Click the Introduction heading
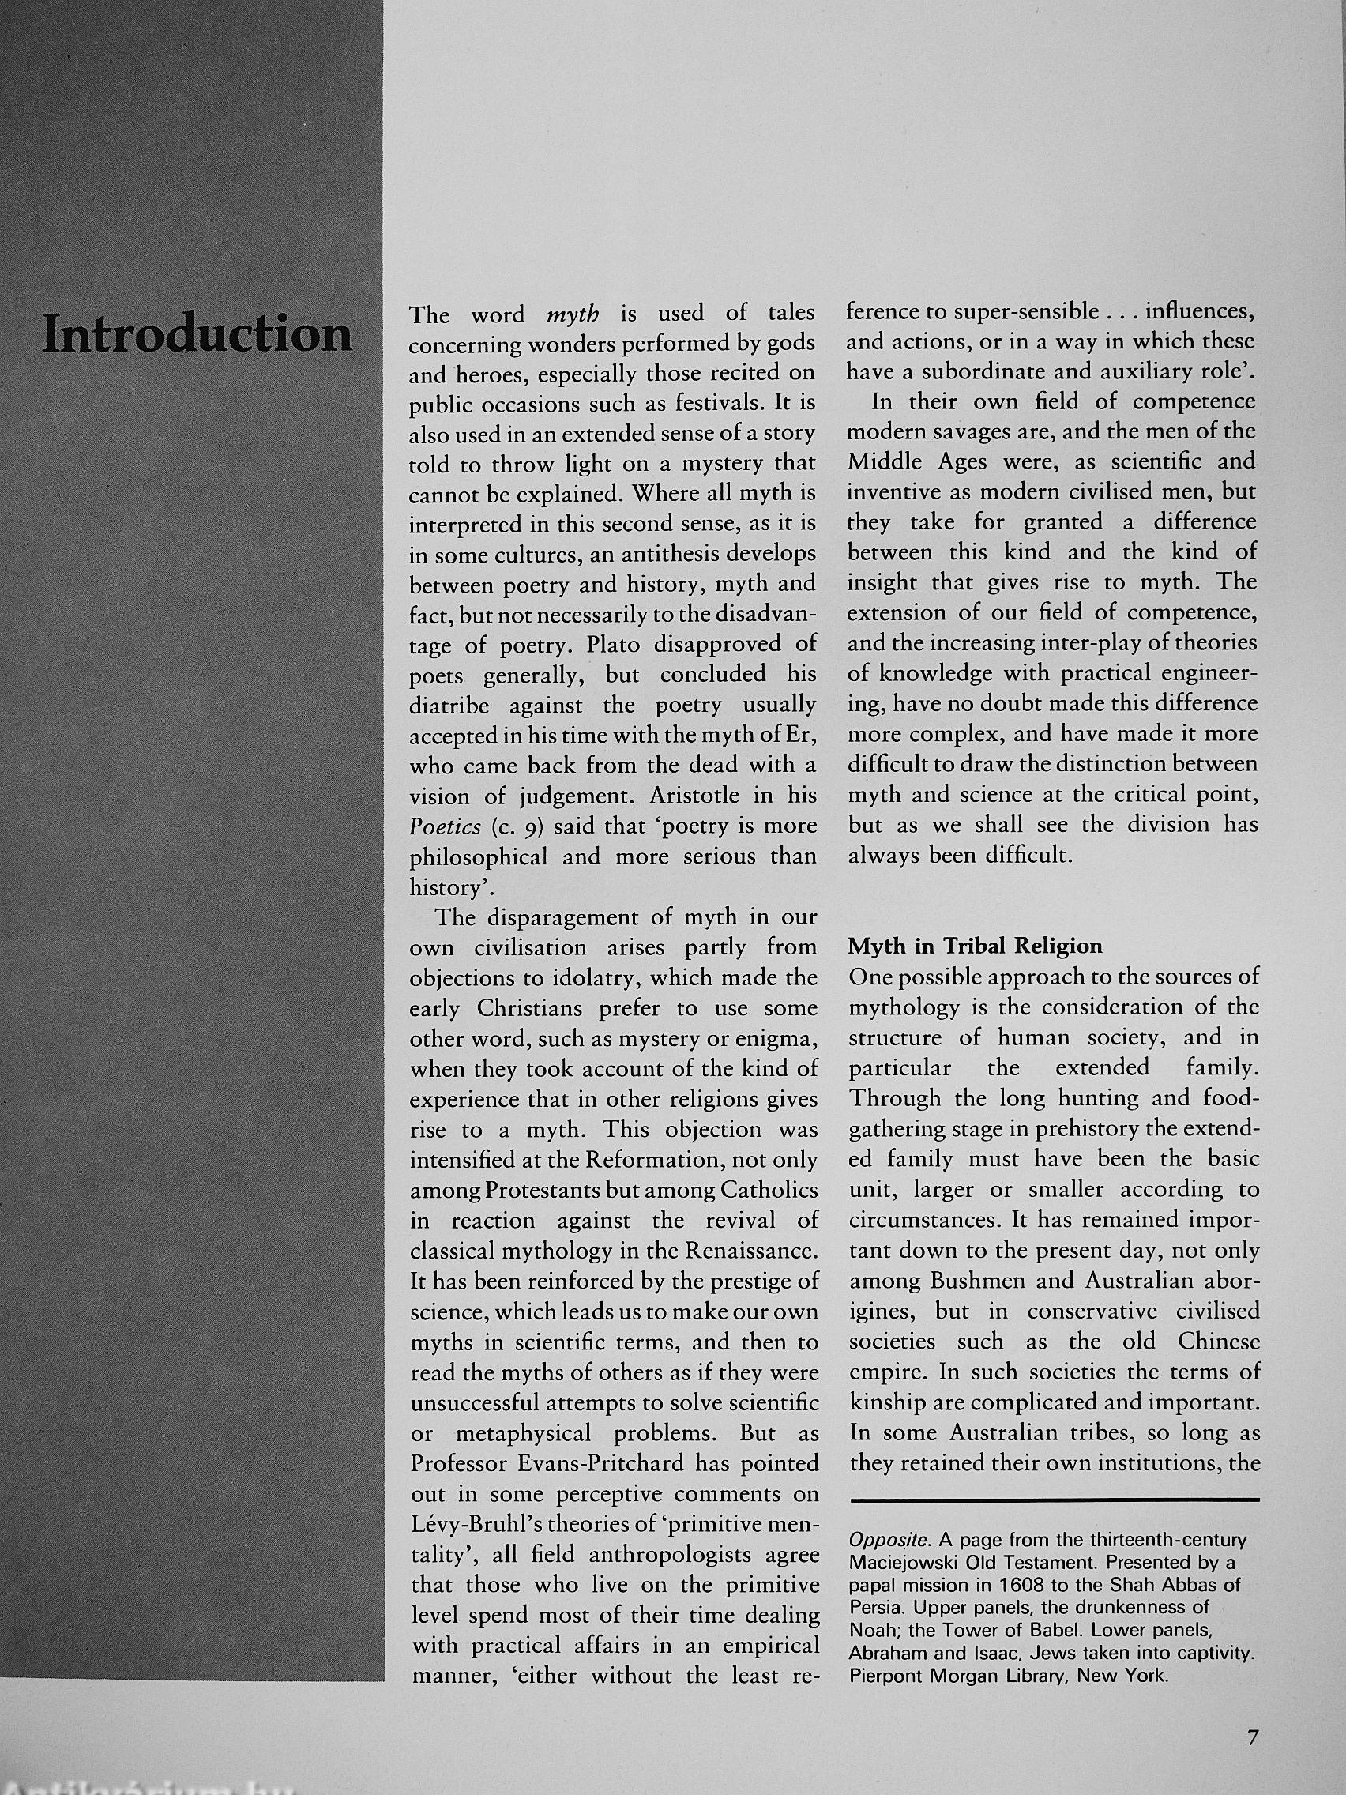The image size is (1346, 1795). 197,334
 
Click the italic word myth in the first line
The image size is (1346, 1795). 572,313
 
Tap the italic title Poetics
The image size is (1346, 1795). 445,827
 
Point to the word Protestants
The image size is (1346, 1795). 542,1191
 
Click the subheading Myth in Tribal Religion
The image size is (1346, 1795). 976,946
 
